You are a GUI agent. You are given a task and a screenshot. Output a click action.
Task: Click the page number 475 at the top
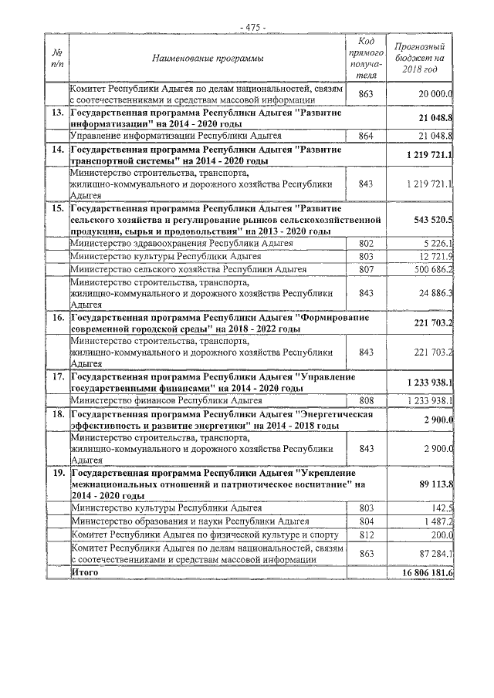click(252, 27)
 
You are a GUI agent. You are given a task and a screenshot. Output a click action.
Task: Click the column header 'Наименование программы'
click(207, 59)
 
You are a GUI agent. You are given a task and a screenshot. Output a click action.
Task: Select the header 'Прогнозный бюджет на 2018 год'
click(419, 58)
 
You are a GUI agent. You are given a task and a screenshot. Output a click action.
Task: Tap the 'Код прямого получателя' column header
click(367, 59)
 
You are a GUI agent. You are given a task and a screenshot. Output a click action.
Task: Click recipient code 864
click(367, 136)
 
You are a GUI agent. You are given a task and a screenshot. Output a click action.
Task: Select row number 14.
click(56, 149)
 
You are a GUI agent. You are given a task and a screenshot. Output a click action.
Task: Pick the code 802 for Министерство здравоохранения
click(367, 244)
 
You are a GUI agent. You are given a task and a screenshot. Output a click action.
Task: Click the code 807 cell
click(367, 269)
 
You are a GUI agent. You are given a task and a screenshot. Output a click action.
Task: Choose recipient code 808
click(367, 400)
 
